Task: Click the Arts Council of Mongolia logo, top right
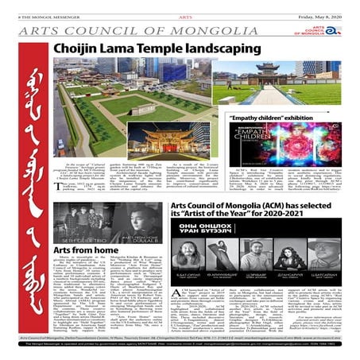pyautogui.click(x=322, y=30)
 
